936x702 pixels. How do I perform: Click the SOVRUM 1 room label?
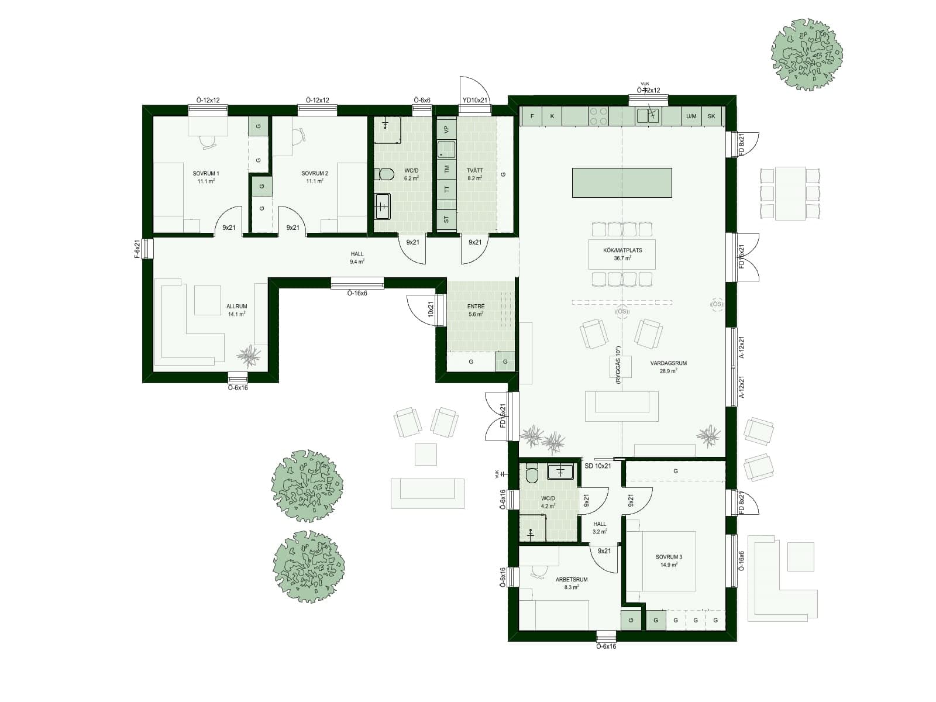(x=206, y=174)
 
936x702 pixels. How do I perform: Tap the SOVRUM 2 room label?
(x=315, y=174)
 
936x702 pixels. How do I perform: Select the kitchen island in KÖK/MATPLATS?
(x=621, y=183)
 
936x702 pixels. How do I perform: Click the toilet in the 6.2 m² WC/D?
(x=386, y=174)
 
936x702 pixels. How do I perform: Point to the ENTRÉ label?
(x=476, y=307)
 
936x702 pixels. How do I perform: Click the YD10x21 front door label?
(x=475, y=101)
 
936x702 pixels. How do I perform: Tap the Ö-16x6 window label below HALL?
(x=357, y=293)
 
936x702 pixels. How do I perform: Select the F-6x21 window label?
(x=137, y=249)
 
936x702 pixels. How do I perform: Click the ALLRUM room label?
(x=236, y=307)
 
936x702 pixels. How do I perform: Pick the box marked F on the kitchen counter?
(x=532, y=116)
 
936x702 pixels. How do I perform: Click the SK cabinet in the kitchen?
(x=711, y=116)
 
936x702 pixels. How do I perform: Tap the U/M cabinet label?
(x=691, y=116)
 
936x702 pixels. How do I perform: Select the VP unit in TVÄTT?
(x=446, y=129)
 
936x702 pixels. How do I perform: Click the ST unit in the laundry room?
(x=446, y=219)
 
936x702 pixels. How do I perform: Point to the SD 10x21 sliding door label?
(x=598, y=466)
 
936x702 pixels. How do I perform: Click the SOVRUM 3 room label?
(x=669, y=557)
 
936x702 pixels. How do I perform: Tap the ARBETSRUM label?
(x=572, y=580)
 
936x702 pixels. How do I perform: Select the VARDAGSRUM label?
(x=669, y=363)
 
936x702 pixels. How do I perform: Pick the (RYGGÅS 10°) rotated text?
(x=618, y=365)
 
